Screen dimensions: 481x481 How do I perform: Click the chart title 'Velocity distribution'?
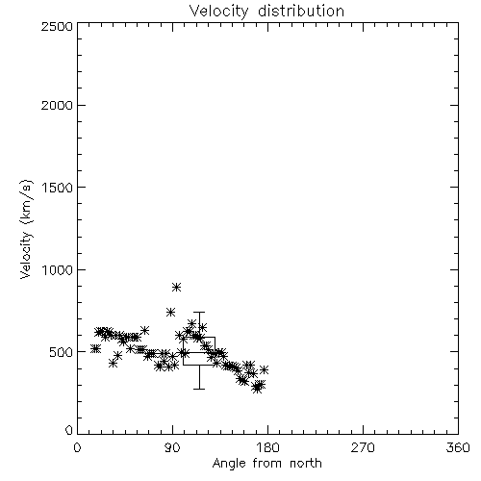266,12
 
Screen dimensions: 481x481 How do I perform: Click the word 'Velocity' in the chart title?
218,12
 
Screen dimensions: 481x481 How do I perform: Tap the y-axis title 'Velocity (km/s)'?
26,229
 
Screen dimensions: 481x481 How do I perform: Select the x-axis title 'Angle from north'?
266,464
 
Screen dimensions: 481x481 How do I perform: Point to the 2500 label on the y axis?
57,26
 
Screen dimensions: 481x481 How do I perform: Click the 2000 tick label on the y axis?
57,105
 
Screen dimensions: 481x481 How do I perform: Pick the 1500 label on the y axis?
58,188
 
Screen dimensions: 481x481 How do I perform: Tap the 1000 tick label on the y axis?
58,269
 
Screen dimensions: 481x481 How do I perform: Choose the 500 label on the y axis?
62,352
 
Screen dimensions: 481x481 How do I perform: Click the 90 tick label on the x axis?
172,447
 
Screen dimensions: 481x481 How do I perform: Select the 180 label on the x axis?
267,447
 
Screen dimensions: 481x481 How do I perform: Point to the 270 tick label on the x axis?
363,447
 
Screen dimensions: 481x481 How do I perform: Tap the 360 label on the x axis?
458,447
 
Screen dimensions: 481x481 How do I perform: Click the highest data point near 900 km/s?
176,287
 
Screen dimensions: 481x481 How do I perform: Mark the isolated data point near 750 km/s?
170,312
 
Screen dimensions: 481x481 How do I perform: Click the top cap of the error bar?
199,312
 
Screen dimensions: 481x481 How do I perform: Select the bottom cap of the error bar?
199,389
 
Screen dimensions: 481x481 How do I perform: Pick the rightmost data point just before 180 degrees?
264,369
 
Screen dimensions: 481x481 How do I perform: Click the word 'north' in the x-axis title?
305,464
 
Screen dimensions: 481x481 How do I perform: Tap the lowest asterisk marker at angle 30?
113,364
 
